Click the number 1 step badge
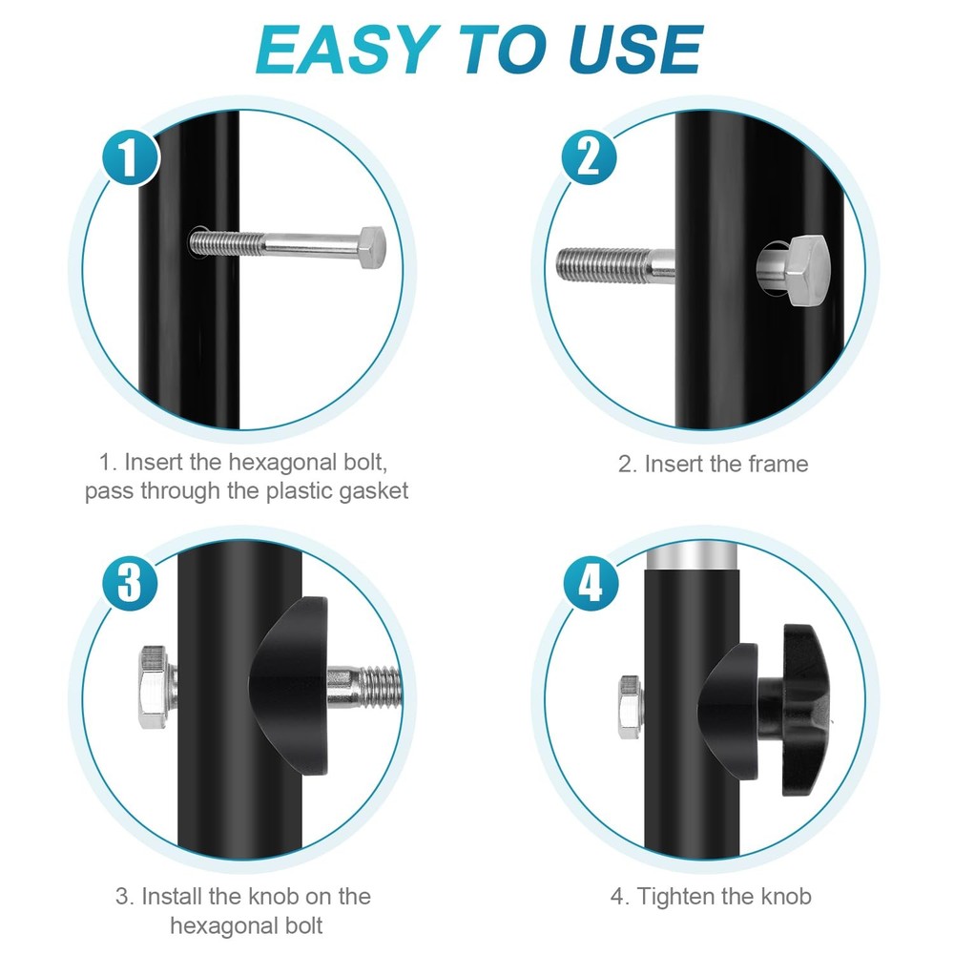(x=130, y=157)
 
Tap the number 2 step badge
(x=589, y=157)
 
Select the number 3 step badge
(x=130, y=582)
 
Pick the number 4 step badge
(x=591, y=584)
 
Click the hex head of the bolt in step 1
(x=371, y=248)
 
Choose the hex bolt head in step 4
(x=631, y=707)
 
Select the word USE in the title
(x=635, y=50)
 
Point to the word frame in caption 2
(x=778, y=465)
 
